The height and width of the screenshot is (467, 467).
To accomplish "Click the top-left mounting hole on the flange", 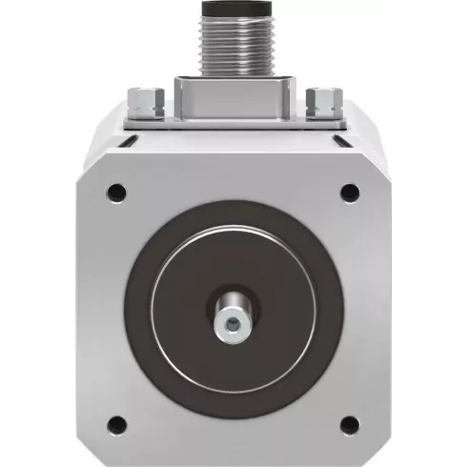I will click(116, 190).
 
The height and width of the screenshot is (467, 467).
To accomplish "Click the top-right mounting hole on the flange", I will click(349, 191).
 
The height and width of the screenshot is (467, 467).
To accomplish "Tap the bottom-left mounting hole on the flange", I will click(116, 422).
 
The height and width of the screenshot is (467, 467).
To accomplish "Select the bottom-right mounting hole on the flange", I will click(349, 422).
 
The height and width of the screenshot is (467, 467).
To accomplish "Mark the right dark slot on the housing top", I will click(337, 142).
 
